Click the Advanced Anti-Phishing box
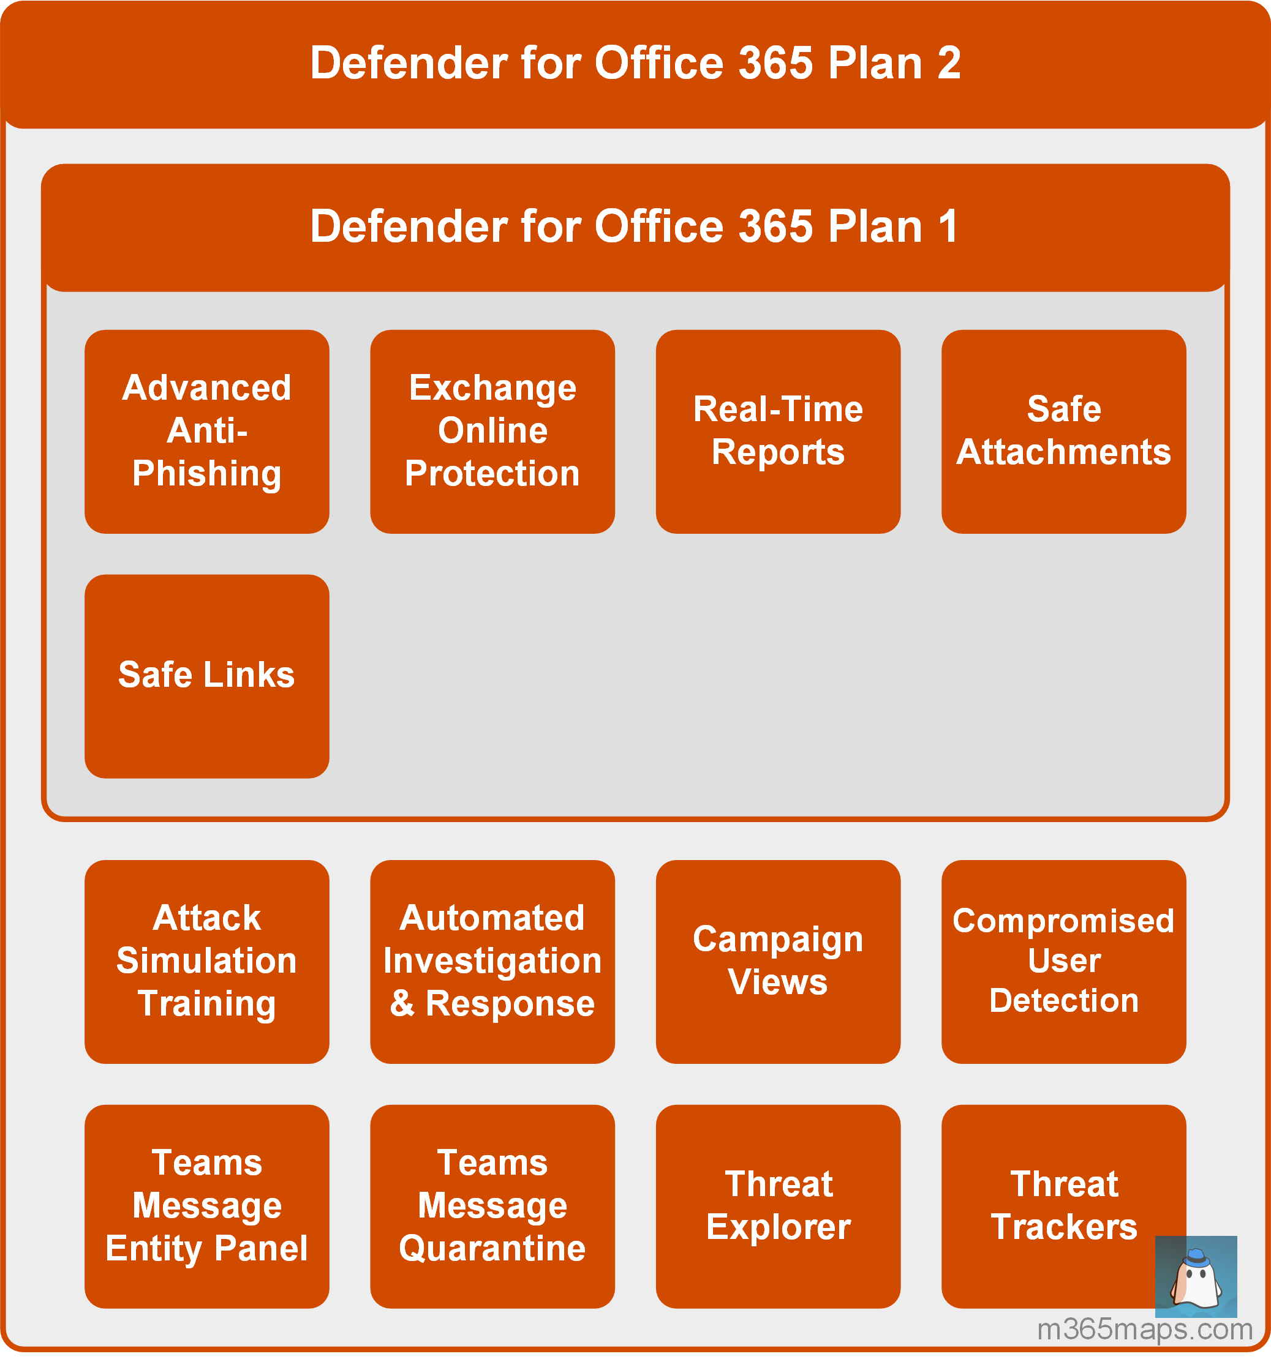point(206,432)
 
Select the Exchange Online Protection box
point(492,432)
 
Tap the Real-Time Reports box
point(777,432)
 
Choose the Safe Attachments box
point(1063,432)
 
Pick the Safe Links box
point(206,676)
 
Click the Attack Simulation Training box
point(206,961)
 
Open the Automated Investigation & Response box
point(492,961)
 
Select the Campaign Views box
point(777,961)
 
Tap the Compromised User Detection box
point(1063,961)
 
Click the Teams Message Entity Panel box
point(206,1206)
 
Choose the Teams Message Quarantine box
point(492,1206)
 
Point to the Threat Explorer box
point(777,1206)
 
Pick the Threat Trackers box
point(1063,1206)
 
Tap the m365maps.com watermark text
point(1144,1330)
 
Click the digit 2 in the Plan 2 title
point(949,63)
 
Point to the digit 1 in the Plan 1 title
point(949,226)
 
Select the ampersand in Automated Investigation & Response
point(402,1004)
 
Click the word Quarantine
point(492,1249)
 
